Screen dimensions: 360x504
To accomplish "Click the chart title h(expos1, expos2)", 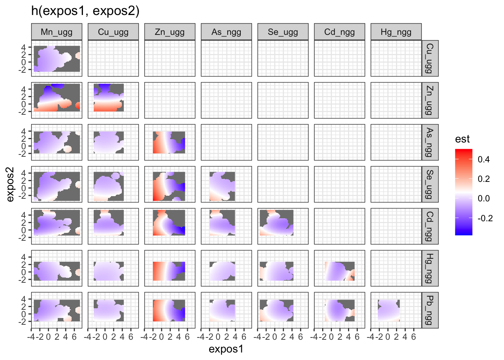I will (85, 11).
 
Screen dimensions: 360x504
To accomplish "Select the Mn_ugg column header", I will (57, 32).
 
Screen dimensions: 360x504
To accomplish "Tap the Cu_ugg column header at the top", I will (113, 32).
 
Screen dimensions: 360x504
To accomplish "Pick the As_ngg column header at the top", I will (226, 32).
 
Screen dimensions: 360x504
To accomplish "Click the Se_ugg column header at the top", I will (283, 32).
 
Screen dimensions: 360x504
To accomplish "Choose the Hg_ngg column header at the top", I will (396, 32).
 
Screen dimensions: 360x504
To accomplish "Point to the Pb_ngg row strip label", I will (430, 310).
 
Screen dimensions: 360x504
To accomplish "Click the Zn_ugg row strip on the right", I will (430, 100).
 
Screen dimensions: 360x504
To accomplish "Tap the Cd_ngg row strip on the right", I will (430, 226).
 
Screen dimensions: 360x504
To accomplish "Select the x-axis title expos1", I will (226, 349).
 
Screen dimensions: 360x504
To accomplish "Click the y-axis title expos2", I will (10, 184).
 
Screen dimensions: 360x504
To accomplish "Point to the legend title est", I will (462, 139).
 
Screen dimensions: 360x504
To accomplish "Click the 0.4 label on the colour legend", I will (484, 159).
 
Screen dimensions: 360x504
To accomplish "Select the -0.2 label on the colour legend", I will (485, 218).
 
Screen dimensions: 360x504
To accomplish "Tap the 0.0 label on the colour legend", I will (484, 198).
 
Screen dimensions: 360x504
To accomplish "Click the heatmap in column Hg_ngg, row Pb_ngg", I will (388, 310).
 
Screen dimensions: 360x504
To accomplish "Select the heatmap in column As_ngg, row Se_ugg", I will (222, 186).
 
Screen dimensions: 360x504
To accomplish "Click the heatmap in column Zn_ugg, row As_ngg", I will (169, 142).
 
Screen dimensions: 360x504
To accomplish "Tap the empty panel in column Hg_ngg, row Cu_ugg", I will (396, 58).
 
